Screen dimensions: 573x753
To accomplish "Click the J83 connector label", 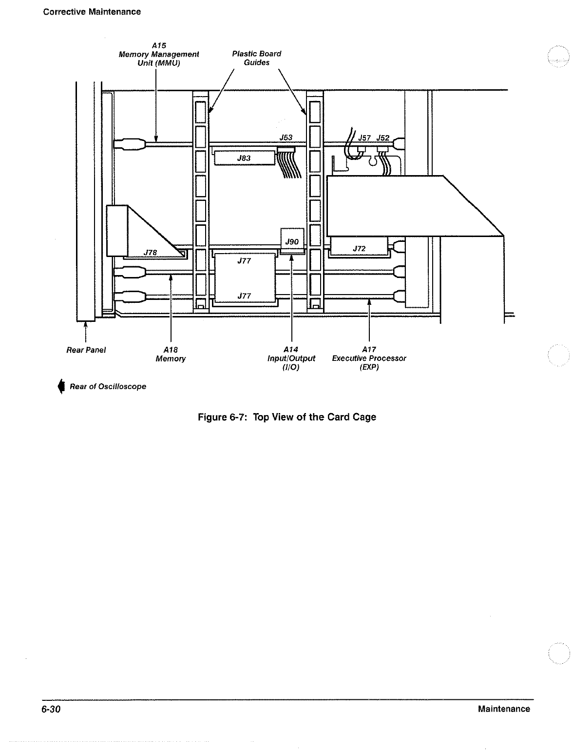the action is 244,158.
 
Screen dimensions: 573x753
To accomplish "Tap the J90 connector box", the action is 292,241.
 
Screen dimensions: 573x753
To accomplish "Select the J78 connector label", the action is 151,252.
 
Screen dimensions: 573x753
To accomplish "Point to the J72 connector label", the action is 359,249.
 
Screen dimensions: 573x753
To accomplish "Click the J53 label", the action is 286,138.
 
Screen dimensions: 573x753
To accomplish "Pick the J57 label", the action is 364,138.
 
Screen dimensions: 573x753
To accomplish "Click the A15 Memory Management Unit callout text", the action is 159,54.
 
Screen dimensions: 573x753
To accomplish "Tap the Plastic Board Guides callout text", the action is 256,58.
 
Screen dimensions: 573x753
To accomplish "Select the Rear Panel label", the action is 86,350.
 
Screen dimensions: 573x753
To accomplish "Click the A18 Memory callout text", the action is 171,354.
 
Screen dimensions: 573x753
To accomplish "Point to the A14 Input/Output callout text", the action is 291,358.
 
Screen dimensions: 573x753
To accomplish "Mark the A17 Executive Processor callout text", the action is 369,358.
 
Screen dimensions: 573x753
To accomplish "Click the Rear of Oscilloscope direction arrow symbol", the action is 61,386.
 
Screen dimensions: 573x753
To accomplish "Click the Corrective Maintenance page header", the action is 92,12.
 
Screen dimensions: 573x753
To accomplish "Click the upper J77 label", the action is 244,261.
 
